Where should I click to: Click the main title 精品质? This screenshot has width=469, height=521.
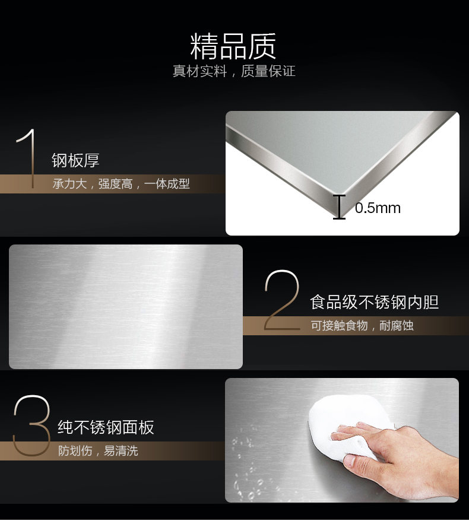pos(233,46)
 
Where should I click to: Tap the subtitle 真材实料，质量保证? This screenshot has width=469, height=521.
pos(233,72)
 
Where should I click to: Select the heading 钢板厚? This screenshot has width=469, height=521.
pos(75,160)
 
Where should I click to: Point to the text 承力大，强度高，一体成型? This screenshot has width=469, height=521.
pos(121,184)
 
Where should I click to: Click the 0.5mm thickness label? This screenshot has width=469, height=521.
pos(378,208)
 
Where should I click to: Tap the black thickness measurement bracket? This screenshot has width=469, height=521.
pos(339,207)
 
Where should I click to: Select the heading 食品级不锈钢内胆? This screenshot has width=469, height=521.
pos(374,302)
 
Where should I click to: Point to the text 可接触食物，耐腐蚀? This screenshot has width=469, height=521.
pos(362,326)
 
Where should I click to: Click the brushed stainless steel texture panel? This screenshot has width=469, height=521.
pos(126,307)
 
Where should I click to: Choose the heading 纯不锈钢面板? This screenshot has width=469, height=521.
pos(106,427)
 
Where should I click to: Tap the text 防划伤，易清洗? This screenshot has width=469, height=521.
pos(97,451)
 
